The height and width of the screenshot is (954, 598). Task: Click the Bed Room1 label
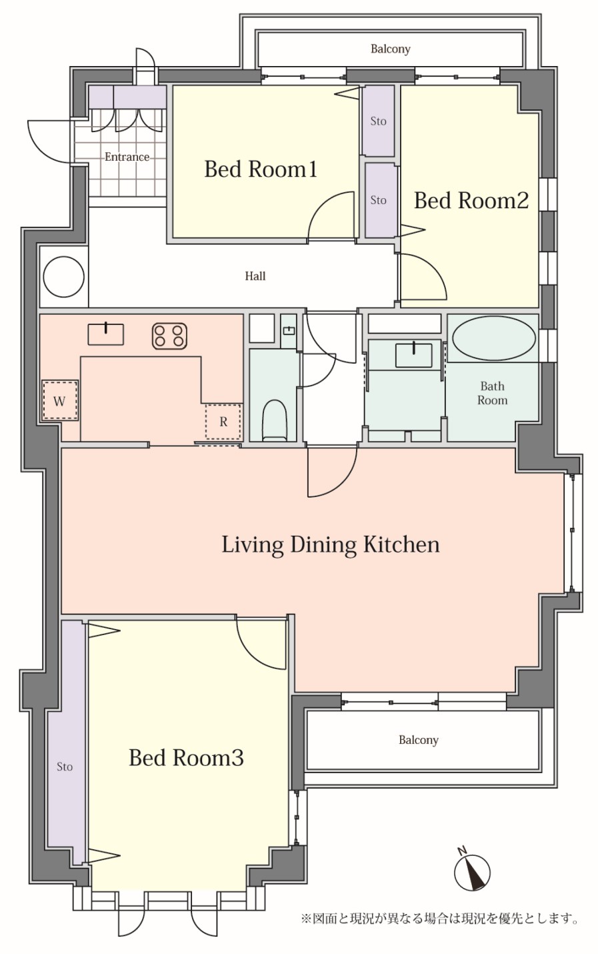click(x=261, y=169)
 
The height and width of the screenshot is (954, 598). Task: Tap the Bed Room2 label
click(x=471, y=200)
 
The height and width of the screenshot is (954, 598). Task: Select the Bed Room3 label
click(x=187, y=758)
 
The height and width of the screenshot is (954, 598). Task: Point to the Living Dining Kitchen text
click(x=331, y=545)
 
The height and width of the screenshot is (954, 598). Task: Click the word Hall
click(x=255, y=276)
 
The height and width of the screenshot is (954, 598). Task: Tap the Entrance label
click(x=127, y=157)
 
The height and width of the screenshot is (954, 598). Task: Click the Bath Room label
click(x=493, y=393)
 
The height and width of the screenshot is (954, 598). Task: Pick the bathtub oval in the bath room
click(x=494, y=339)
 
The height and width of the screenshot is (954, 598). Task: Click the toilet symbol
click(x=275, y=420)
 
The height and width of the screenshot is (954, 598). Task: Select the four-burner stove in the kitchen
click(x=169, y=336)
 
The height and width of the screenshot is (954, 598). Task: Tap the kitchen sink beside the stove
click(x=106, y=334)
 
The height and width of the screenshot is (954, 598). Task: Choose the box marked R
click(x=223, y=422)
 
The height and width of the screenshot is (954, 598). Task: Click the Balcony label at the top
click(x=390, y=49)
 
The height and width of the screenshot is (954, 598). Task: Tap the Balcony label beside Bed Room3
click(x=419, y=740)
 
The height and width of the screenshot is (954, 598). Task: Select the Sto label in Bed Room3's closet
click(x=65, y=767)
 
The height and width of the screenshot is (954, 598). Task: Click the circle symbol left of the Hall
click(x=64, y=277)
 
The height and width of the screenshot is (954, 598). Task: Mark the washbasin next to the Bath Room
click(x=414, y=355)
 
